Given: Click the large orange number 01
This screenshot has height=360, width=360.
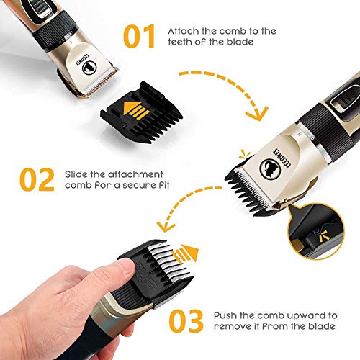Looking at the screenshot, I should point(140,37).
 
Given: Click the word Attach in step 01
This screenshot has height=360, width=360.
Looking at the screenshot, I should point(180,31).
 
